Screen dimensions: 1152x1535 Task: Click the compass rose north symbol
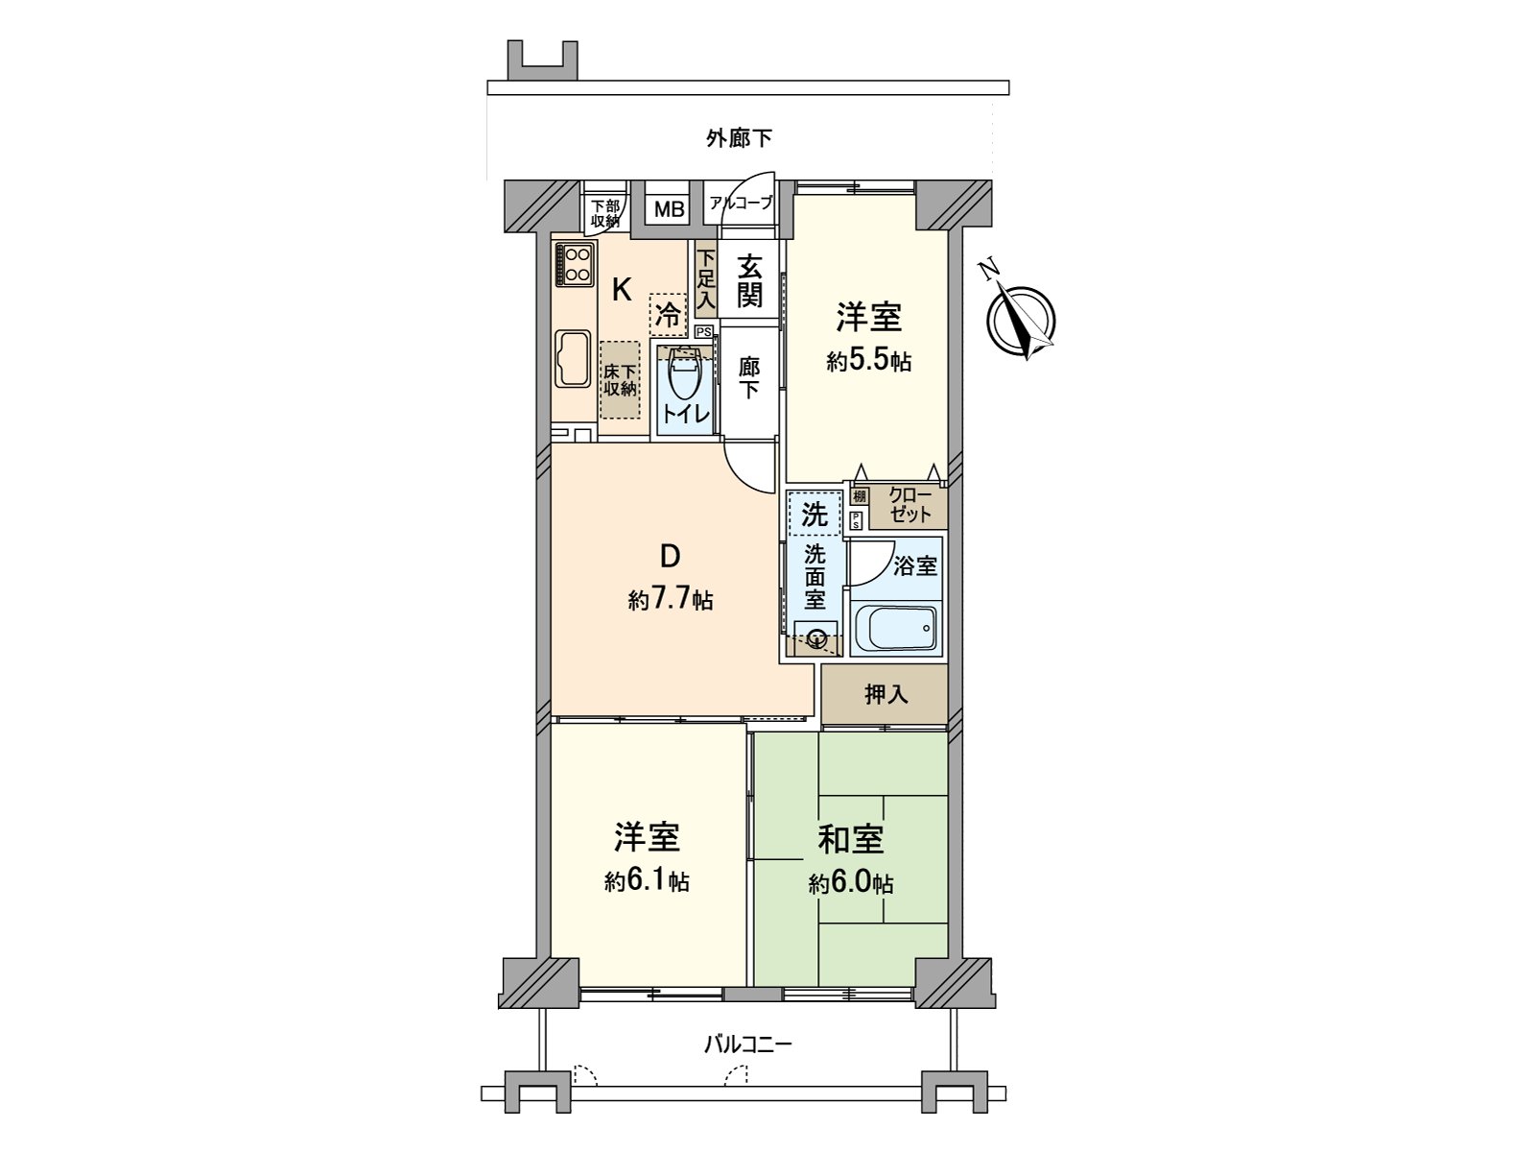tap(1022, 320)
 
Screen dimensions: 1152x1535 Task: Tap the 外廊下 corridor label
tap(739, 139)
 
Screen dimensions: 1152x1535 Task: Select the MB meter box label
tap(670, 208)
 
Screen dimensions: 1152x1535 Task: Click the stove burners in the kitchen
tap(575, 264)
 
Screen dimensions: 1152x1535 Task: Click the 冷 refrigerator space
tap(669, 314)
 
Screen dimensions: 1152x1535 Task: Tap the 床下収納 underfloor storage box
tap(620, 380)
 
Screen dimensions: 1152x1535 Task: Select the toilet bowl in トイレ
tap(684, 380)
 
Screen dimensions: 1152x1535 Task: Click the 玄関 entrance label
tap(749, 280)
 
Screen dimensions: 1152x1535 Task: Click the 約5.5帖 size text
tap(868, 362)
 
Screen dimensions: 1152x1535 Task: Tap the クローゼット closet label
tap(909, 505)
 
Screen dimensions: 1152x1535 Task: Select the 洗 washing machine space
tap(815, 514)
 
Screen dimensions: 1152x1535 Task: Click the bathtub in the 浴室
tap(894, 631)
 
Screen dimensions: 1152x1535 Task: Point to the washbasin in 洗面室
tap(816, 637)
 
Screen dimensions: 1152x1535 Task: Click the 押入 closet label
tap(886, 693)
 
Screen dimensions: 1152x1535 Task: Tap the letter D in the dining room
tap(670, 557)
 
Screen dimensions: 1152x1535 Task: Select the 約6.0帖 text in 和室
tap(850, 883)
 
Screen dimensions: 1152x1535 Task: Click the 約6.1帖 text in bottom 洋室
tap(647, 881)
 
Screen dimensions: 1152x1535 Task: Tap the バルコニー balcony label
tap(747, 1044)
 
